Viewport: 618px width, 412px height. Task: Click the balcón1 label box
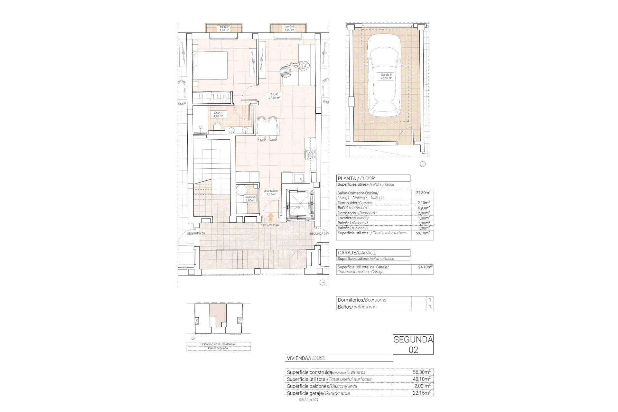[224, 28]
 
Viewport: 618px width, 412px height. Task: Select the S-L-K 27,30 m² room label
[274, 96]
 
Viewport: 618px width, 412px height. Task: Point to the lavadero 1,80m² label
[250, 199]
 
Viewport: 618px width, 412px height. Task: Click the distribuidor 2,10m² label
[271, 192]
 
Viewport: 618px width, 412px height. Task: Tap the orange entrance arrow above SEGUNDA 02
[271, 216]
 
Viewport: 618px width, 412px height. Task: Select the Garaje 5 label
[386, 76]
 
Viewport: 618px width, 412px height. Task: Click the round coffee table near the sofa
[286, 71]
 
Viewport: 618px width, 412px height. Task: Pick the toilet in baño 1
[217, 127]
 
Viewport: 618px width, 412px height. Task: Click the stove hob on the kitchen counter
[311, 154]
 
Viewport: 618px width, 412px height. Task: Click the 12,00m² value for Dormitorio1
[422, 213]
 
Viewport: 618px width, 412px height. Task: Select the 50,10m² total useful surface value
[422, 233]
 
